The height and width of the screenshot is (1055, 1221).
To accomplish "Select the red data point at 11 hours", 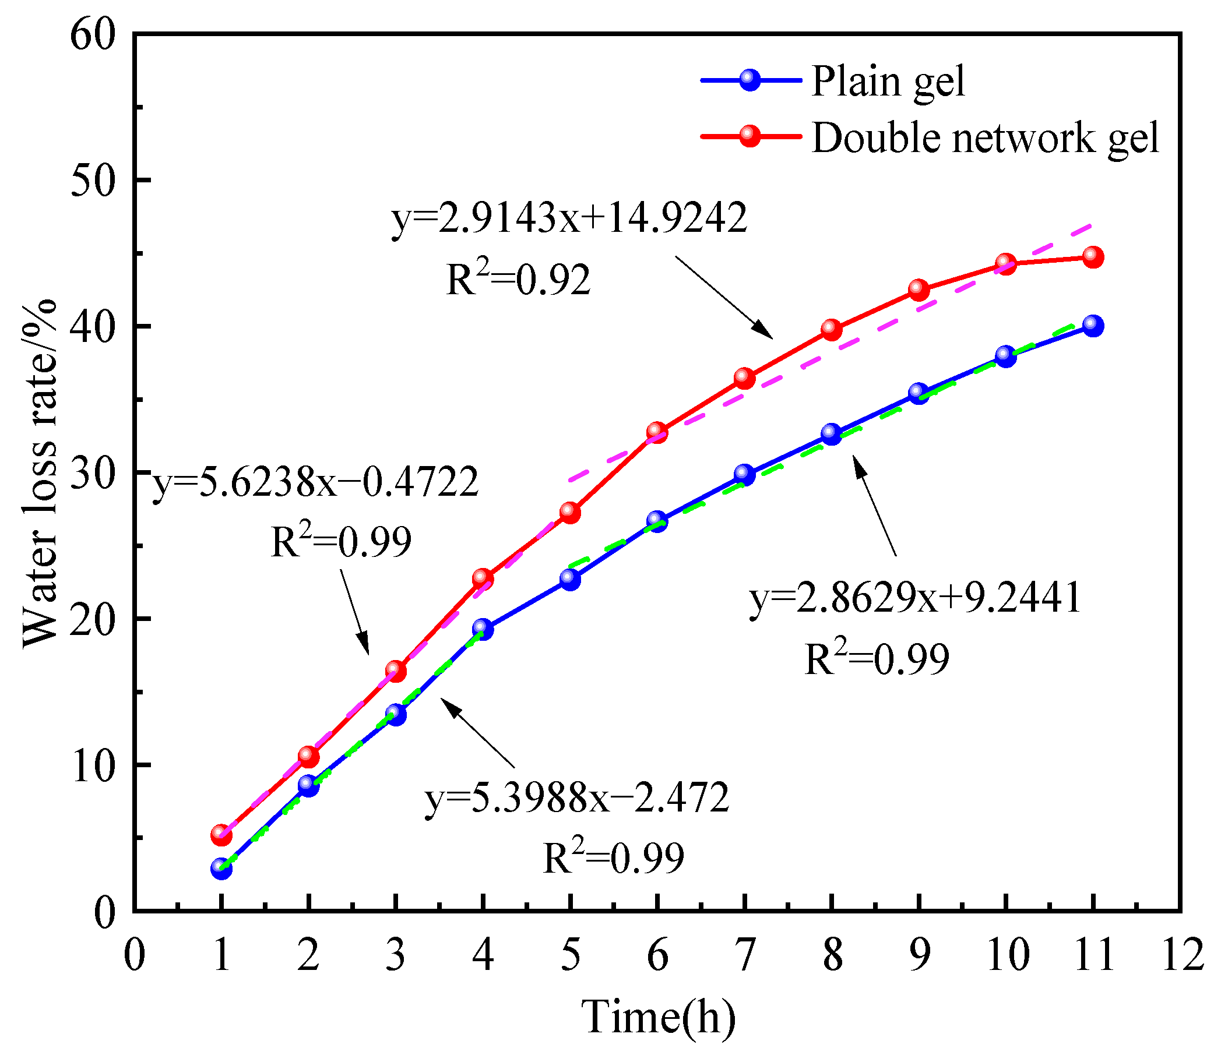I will [1093, 257].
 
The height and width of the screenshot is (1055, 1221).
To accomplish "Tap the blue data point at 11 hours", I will [1093, 326].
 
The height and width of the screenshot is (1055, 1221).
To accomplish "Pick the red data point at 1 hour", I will [221, 835].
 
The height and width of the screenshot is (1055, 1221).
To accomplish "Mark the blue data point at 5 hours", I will [570, 580].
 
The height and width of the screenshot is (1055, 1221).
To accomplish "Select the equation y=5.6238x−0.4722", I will [316, 484].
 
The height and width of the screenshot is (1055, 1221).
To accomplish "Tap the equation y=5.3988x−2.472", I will [577, 799].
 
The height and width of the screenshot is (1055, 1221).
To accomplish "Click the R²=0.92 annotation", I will [518, 279].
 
